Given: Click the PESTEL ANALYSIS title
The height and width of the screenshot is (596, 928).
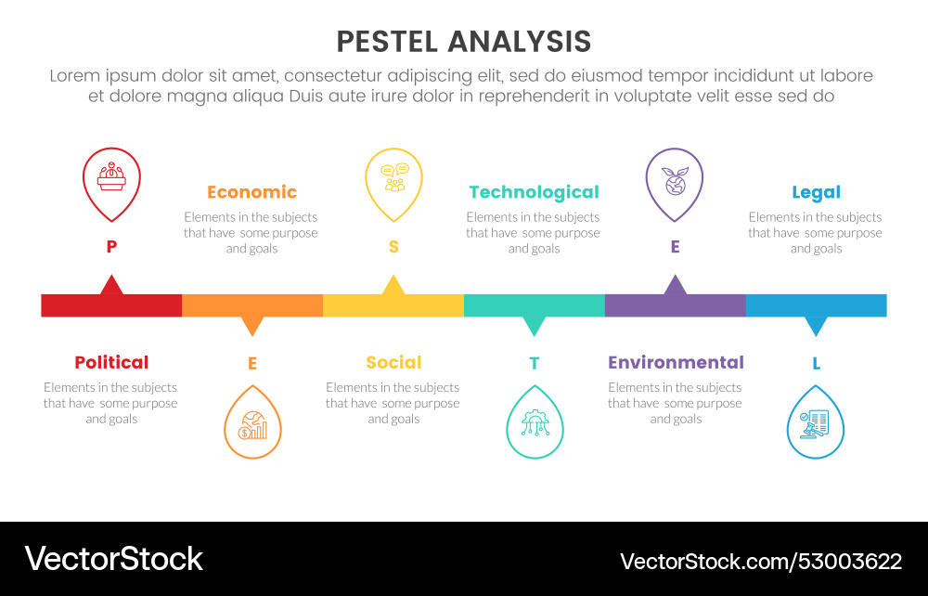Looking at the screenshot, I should point(463,42).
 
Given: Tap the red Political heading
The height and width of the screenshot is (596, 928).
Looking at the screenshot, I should point(111,362).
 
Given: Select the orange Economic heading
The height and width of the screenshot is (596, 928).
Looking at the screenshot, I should point(251,192).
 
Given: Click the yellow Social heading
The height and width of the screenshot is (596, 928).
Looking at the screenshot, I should point(393,362).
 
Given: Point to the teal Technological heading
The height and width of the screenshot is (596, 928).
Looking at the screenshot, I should point(534,192).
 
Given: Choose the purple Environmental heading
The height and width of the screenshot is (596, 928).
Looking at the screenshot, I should point(676,362).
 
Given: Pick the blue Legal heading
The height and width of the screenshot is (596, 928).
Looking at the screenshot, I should point(816,192).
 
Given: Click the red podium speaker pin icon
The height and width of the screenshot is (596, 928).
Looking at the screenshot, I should point(111,179).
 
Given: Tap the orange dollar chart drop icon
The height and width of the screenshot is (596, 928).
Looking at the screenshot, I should point(252,426).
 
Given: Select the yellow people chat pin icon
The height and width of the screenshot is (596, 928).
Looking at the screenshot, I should point(393,179).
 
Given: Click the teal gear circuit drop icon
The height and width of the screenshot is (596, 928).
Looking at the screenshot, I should point(535,426).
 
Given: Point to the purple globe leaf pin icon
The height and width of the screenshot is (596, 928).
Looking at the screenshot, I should point(675,179).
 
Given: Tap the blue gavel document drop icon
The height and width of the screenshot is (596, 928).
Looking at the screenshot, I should point(816,426).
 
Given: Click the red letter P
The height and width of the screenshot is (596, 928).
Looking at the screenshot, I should point(111,246).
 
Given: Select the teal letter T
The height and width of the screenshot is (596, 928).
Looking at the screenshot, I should point(534,364).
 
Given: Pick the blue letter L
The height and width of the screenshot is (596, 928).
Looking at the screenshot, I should point(816,364).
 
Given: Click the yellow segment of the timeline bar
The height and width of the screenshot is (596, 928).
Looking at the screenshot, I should point(393,305).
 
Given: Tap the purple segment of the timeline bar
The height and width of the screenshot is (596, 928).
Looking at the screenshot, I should point(675,305).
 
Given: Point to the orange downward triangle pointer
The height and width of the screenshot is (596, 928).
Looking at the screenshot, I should point(252,325).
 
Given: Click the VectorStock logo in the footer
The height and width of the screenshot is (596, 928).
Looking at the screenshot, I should point(113,559).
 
